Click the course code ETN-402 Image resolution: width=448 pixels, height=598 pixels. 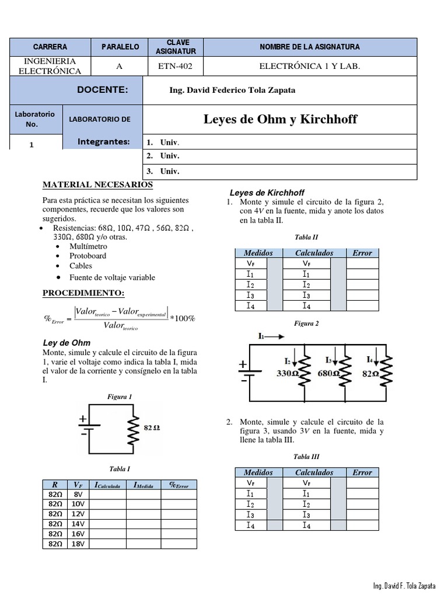click(x=175, y=66)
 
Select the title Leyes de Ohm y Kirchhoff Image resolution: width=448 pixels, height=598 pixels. click(x=280, y=120)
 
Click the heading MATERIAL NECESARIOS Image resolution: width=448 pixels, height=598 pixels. click(x=98, y=185)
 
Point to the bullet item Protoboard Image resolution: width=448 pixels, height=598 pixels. click(x=87, y=256)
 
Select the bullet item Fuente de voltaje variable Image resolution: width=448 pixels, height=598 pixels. click(x=112, y=277)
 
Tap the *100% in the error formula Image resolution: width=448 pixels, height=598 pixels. click(x=182, y=318)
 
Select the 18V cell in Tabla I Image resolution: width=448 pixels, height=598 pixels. click(x=78, y=544)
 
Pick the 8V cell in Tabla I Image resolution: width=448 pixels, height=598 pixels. click(x=78, y=494)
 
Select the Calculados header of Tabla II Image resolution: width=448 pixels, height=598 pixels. click(x=314, y=253)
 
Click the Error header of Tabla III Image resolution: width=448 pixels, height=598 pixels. click(x=362, y=472)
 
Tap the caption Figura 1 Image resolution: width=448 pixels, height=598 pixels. click(x=120, y=397)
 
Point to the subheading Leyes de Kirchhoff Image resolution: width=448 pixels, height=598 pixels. click(x=267, y=193)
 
